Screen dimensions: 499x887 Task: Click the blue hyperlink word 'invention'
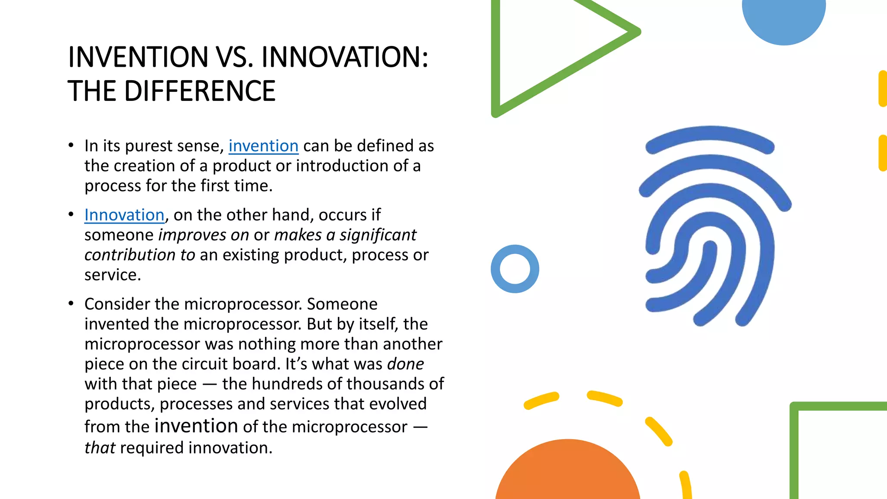coord(263,146)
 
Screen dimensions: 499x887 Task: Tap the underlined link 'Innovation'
coord(124,215)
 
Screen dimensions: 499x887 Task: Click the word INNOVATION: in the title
coord(345,57)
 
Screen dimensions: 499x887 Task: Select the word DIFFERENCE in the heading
coord(200,91)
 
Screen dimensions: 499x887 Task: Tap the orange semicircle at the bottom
coord(567,472)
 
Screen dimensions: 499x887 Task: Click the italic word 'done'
coord(405,364)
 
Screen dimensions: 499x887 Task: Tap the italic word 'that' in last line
coord(100,448)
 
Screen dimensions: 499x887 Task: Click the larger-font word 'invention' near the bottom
coord(196,426)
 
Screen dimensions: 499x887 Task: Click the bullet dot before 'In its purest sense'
coord(71,146)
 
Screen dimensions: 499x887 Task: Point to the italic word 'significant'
coord(378,235)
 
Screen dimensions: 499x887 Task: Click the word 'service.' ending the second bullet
coord(113,275)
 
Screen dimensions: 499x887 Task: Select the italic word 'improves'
coord(192,235)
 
